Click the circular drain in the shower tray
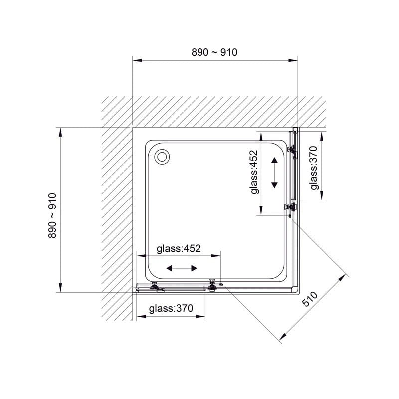coord(162,157)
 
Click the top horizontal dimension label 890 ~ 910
coord(214,52)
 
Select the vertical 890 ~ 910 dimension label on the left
coord(52,215)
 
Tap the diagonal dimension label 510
coord(310,299)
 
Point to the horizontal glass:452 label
coord(179,248)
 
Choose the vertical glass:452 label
coord(254,172)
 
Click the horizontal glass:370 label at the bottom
coord(171,308)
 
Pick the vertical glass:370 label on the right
coord(314,168)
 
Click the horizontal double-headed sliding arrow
coord(182,268)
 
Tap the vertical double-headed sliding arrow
coord(274,173)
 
